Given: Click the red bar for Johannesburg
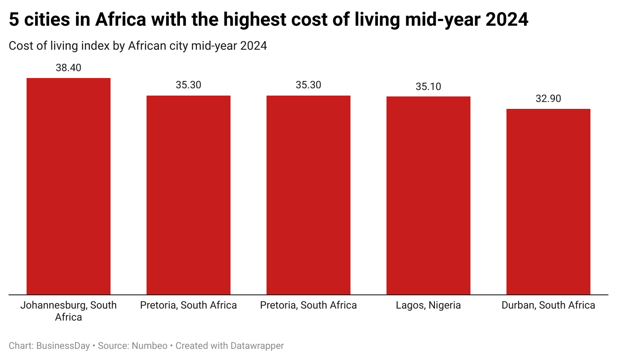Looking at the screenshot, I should pos(69,186).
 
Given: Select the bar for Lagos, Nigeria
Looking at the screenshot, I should pos(428,195).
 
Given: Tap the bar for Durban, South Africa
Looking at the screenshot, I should pos(548,201).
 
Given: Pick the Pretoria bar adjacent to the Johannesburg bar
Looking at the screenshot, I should pos(189,195).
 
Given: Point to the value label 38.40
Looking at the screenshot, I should pos(69,68).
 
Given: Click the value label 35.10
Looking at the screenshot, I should pos(428,87).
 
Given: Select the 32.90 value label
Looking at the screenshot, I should pos(548,99).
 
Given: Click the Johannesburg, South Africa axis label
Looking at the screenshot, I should pos(69,311).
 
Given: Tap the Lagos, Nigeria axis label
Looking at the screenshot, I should pos(428,305).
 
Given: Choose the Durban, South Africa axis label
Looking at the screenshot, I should pos(548,305).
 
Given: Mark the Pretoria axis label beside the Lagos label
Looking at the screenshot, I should pos(308,305).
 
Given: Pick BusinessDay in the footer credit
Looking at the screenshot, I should pos(63,346).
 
